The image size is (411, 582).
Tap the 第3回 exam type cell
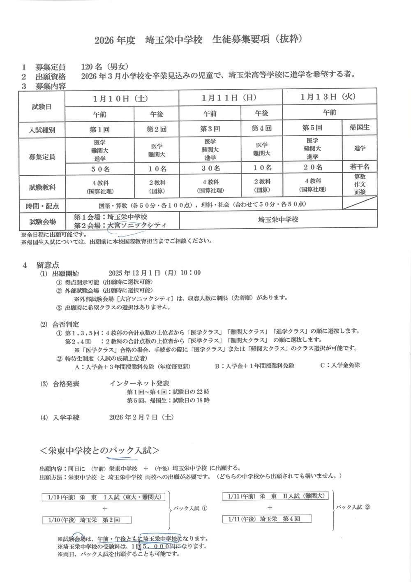click(x=210, y=129)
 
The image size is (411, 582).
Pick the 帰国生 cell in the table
click(x=359, y=128)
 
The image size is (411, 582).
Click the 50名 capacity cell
click(x=100, y=169)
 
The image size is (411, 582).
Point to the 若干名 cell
click(x=360, y=167)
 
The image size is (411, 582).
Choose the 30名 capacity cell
click(x=210, y=168)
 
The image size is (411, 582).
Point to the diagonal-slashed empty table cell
click(x=360, y=204)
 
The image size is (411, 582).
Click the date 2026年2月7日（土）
click(x=141, y=417)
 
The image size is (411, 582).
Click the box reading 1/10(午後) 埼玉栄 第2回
click(x=87, y=520)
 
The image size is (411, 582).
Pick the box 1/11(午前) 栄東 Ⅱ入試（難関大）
click(x=275, y=496)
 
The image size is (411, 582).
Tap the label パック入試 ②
click(x=353, y=507)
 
